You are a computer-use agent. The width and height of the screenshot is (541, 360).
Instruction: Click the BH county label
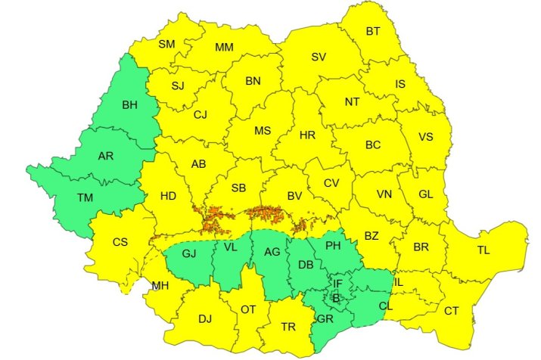[129, 104]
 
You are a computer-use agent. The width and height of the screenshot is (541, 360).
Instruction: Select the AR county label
[107, 157]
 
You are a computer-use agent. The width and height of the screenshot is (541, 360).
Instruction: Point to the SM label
[166, 44]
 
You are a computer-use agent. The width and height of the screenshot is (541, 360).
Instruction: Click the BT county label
[373, 31]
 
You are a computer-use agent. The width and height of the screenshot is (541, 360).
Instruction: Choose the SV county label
[319, 57]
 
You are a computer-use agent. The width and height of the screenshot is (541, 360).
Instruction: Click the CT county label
[451, 310]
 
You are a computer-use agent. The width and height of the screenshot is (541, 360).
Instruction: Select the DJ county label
[205, 318]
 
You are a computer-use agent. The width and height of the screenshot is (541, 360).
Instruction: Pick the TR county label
[288, 327]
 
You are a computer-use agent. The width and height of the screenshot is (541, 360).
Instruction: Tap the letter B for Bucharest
[337, 299]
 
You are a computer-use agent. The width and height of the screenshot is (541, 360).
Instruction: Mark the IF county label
[337, 284]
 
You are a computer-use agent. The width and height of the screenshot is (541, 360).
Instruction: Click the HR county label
[307, 135]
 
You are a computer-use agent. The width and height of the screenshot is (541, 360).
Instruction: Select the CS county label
[120, 242]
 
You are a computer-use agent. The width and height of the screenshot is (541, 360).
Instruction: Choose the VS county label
[425, 138]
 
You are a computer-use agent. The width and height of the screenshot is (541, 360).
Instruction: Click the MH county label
[160, 285]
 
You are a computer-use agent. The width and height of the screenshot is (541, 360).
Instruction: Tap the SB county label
[238, 187]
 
